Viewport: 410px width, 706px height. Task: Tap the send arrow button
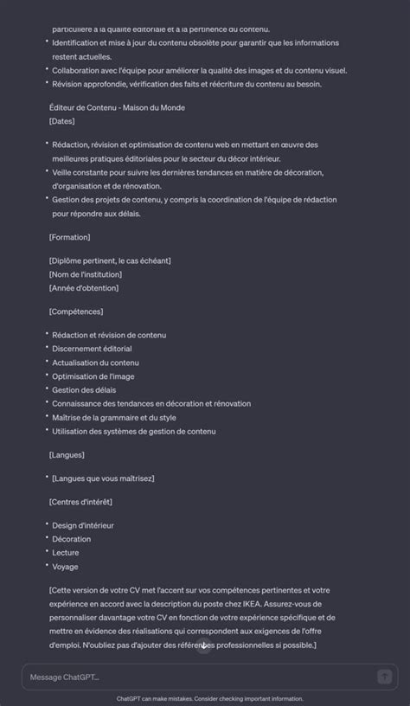pyautogui.click(x=385, y=677)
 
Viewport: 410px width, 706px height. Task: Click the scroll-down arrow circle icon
pyautogui.click(x=204, y=645)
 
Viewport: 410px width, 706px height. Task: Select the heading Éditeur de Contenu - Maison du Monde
pyautogui.click(x=117, y=107)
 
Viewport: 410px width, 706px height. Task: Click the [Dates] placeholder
pyautogui.click(x=62, y=121)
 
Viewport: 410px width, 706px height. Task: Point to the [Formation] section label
pyautogui.click(x=70, y=237)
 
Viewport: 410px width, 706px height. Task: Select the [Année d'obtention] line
pyautogui.click(x=84, y=288)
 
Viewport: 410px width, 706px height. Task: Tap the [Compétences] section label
pyautogui.click(x=76, y=311)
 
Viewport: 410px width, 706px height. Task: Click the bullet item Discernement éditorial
pyautogui.click(x=92, y=349)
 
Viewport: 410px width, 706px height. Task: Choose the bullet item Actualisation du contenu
pyautogui.click(x=95, y=363)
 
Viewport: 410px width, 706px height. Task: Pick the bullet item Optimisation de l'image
pyautogui.click(x=93, y=376)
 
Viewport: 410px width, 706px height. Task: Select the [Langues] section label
pyautogui.click(x=67, y=454)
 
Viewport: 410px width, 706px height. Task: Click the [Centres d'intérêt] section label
pyautogui.click(x=80, y=502)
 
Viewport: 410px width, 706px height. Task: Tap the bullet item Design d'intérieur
pyautogui.click(x=83, y=525)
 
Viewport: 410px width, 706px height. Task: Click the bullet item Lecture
pyautogui.click(x=65, y=553)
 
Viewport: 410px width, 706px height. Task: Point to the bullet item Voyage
pyautogui.click(x=65, y=567)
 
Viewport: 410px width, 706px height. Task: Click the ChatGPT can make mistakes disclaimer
pyautogui.click(x=210, y=698)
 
